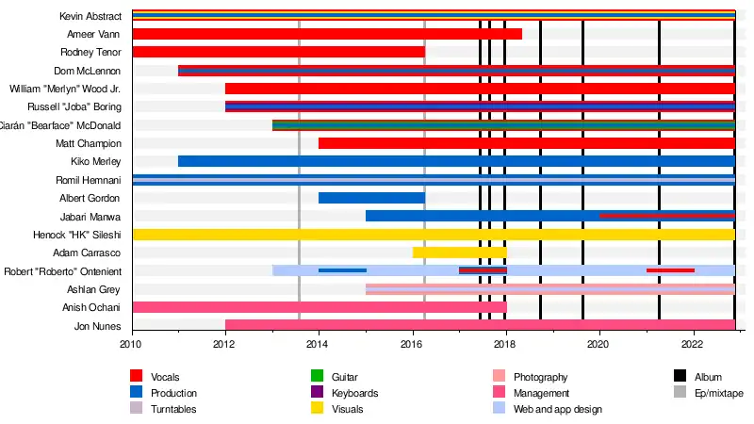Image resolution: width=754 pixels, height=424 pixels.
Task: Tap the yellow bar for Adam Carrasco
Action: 459,253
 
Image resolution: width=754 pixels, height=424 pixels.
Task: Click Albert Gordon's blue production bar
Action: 371,198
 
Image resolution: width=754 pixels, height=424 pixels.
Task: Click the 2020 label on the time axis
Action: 598,345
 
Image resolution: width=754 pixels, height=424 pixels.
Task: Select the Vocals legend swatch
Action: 137,377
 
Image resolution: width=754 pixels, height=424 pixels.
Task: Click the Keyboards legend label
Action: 355,393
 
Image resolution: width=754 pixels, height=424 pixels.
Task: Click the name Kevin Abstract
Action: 90,16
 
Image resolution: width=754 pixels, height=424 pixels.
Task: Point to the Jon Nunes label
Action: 98,326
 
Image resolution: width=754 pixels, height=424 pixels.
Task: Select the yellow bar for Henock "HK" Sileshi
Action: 433,235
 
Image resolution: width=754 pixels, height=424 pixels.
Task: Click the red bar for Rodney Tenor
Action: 278,52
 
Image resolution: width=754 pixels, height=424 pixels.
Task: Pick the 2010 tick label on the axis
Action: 132,345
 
